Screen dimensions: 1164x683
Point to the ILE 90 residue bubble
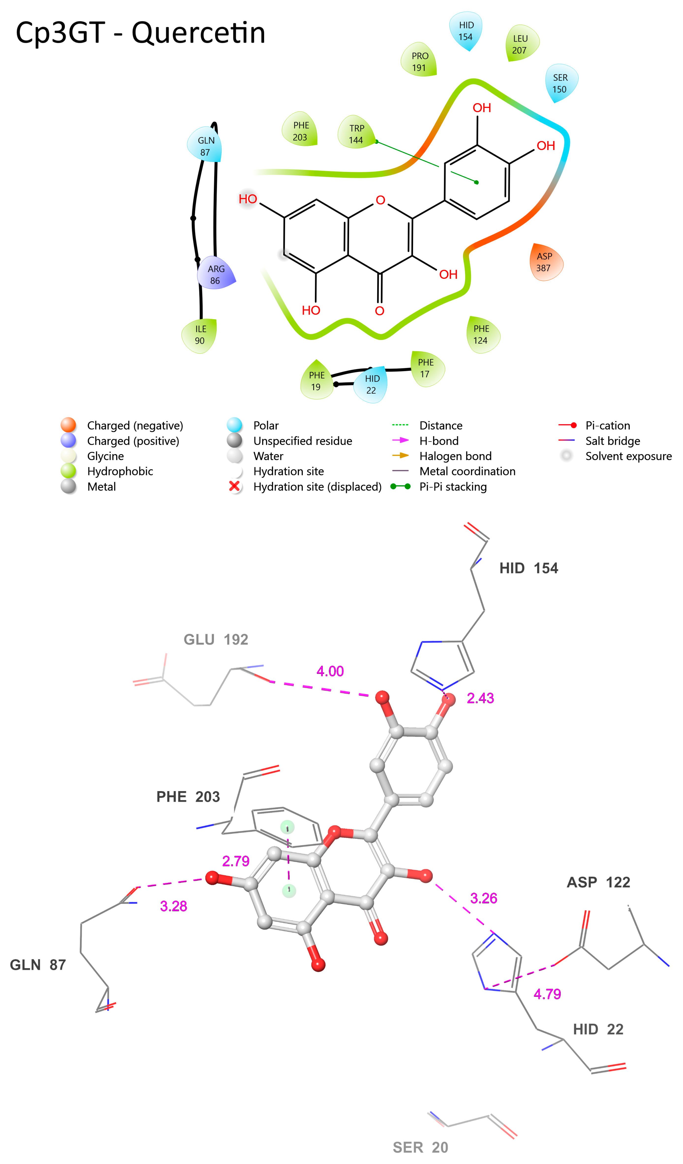pyautogui.click(x=200, y=335)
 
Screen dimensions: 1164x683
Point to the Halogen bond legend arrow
pyautogui.click(x=400, y=455)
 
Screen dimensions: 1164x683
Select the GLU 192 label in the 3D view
pyautogui.click(x=216, y=639)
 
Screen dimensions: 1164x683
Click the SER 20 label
pyautogui.click(x=420, y=1147)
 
